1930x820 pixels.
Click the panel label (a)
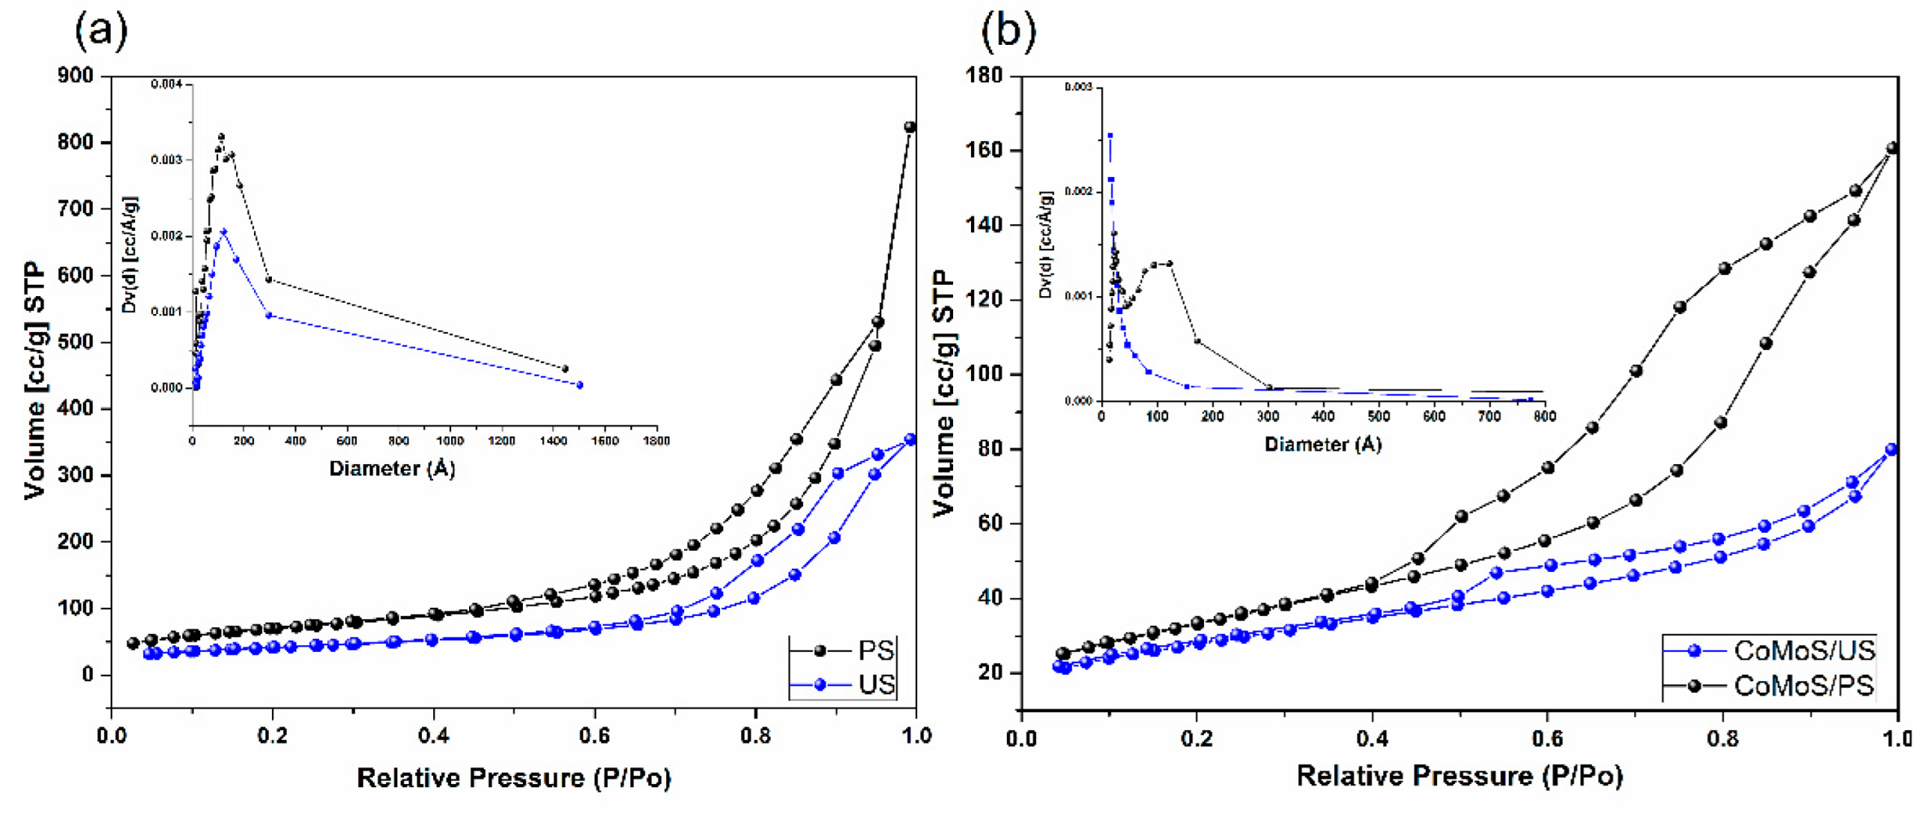click(x=101, y=31)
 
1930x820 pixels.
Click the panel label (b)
click(x=1008, y=31)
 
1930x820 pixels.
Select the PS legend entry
click(x=875, y=650)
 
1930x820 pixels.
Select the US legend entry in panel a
click(x=876, y=685)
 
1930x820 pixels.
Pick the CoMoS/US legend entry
click(x=1802, y=650)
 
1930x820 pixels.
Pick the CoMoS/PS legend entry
click(x=1802, y=685)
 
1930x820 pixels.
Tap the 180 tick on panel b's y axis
click(x=984, y=75)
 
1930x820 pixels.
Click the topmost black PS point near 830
click(x=910, y=127)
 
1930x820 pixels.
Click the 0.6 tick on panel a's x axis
click(x=594, y=736)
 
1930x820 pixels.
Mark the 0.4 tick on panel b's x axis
click(x=1372, y=739)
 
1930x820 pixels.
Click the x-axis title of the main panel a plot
click(x=513, y=777)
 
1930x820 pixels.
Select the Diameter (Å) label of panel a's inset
click(x=392, y=469)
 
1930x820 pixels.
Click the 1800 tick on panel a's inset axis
click(x=657, y=441)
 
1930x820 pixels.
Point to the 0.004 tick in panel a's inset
click(x=167, y=84)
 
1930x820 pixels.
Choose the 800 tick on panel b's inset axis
click(x=1544, y=417)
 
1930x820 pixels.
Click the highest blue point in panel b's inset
click(x=1111, y=135)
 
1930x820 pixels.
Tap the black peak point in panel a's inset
click(x=221, y=138)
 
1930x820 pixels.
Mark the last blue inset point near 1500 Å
click(x=580, y=385)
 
